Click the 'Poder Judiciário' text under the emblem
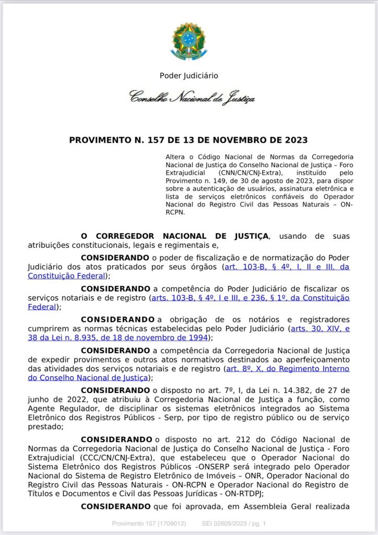coord(189,76)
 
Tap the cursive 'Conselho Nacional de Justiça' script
coord(192,97)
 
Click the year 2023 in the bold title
coord(294,140)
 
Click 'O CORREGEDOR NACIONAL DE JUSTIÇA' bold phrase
coord(175,236)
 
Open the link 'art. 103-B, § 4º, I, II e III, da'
coord(287,267)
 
